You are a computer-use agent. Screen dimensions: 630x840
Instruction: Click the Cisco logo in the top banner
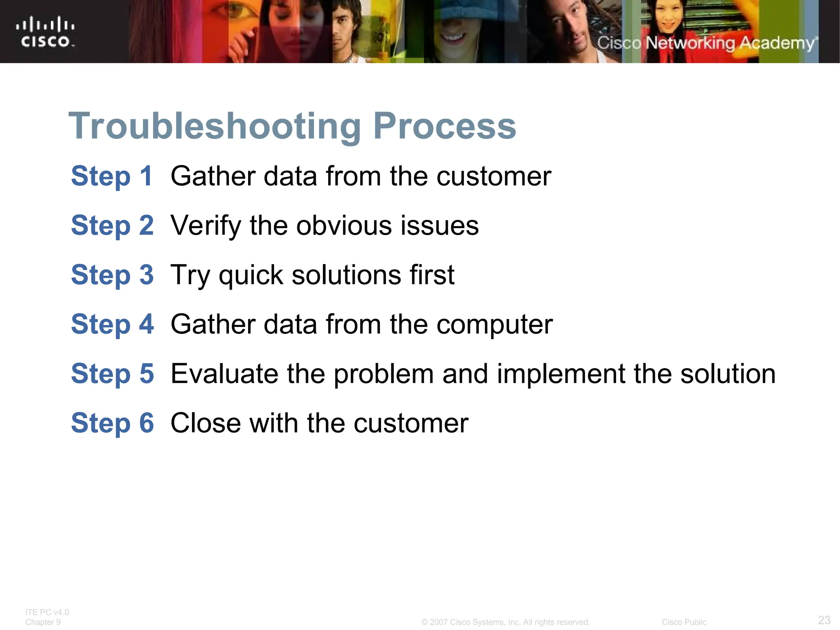[45, 32]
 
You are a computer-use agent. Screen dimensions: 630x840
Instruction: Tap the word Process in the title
[444, 126]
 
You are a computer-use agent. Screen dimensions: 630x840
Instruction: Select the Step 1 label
[112, 176]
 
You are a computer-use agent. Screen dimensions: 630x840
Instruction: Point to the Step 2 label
[112, 226]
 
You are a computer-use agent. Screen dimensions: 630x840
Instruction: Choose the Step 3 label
[112, 275]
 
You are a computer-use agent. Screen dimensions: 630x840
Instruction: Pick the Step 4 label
[112, 324]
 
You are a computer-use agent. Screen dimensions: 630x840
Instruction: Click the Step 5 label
[112, 374]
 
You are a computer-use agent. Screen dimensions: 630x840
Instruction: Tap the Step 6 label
[112, 423]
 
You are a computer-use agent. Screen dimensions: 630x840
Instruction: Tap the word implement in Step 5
[561, 374]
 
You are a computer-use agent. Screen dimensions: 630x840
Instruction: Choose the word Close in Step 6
[205, 423]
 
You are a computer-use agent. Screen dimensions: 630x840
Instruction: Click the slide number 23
[824, 620]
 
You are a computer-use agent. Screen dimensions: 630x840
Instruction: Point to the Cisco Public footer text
[684, 622]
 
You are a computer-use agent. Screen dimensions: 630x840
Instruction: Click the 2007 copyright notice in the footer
[505, 622]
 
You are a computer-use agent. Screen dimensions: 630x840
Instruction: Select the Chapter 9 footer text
[43, 622]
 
